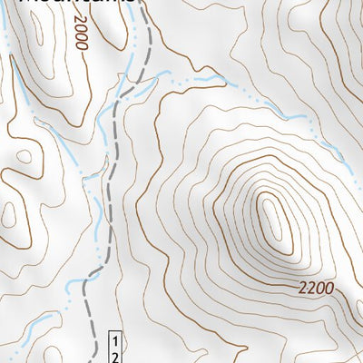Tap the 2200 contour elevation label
click(314, 289)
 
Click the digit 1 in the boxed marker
click(116, 340)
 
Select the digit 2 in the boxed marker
click(116, 356)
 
